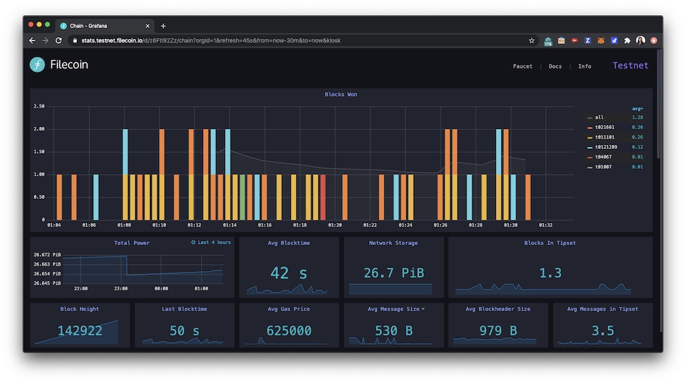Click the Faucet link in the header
point(522,67)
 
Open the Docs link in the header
point(555,67)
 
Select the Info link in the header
point(584,67)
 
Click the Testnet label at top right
point(630,66)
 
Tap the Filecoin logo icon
point(37,65)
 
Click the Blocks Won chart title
point(341,95)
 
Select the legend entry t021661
point(605,127)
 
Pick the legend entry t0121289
point(606,147)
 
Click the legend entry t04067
point(604,156)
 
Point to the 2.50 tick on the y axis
point(38,106)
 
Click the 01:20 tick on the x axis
point(335,225)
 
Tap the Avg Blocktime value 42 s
point(289,273)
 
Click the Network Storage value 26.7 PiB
point(394,273)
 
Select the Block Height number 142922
point(80,331)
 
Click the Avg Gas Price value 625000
point(289,331)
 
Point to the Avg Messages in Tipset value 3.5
point(602,331)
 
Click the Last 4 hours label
point(214,243)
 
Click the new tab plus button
point(163,26)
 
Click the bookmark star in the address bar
point(532,40)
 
